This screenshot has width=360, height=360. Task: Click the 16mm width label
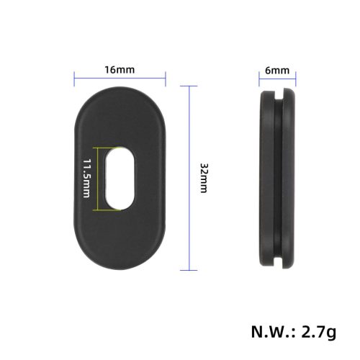click(120, 70)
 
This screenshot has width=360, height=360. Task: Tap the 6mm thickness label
click(277, 71)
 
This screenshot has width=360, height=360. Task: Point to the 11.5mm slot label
click(86, 179)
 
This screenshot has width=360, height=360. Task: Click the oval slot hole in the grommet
click(120, 179)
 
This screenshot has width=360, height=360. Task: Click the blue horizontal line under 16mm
click(120, 79)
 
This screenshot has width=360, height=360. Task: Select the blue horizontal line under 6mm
click(277, 79)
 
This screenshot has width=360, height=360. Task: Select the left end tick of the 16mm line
click(74, 79)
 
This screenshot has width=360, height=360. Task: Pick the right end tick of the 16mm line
click(166, 79)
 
